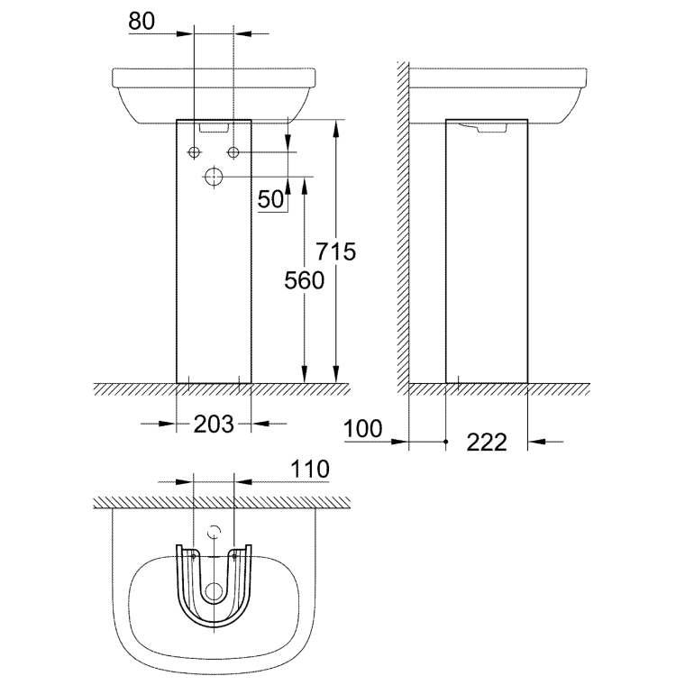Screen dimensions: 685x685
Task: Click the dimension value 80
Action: (142, 21)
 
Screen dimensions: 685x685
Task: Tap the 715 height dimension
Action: (336, 251)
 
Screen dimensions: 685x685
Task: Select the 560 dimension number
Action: (304, 280)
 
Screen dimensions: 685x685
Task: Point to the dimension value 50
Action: (271, 199)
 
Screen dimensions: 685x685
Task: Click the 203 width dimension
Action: (214, 423)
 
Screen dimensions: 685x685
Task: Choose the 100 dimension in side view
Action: (363, 428)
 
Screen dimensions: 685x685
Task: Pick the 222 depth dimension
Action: (487, 442)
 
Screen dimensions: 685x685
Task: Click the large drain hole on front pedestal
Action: (214, 177)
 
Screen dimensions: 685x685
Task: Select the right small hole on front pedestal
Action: (233, 151)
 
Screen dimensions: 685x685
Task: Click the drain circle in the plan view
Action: (214, 592)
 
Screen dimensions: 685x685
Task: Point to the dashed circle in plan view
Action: (214, 532)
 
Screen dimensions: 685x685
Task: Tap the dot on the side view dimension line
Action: (446, 442)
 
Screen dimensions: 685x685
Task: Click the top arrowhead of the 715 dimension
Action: (336, 126)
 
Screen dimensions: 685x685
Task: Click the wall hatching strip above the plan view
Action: (221, 500)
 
